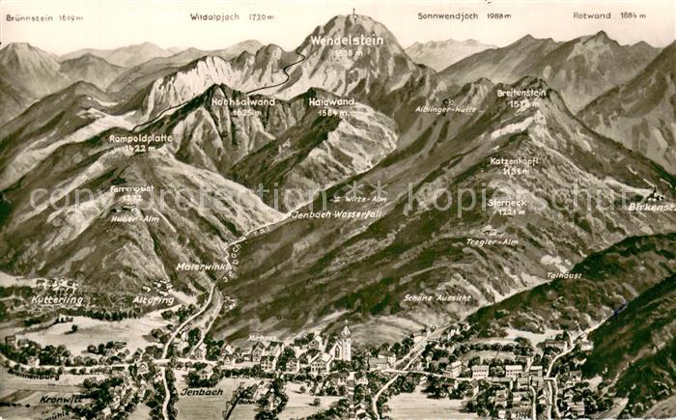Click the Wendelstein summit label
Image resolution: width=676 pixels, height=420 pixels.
tap(346, 41)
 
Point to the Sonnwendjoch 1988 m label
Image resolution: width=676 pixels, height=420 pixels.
tap(465, 15)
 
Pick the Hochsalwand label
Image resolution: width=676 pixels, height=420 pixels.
tap(243, 101)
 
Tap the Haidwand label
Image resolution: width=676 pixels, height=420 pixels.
tap(331, 101)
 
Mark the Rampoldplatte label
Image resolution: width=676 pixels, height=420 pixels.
tap(141, 138)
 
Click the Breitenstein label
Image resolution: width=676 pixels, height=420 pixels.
tap(521, 93)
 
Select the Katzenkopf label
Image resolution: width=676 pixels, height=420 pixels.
tap(514, 161)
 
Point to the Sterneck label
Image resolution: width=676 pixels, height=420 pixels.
tap(506, 204)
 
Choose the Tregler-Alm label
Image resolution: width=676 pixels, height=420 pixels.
tap(492, 241)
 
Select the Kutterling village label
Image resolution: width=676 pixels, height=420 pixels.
tap(57, 299)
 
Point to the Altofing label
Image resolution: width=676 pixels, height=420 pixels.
tap(154, 300)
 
